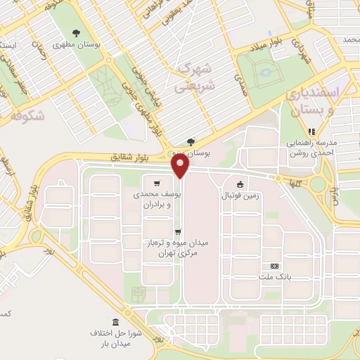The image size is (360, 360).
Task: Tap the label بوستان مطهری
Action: click(x=98, y=44)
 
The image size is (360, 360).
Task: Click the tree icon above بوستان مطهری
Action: click(x=77, y=32)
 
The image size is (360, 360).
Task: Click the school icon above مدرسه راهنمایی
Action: click(x=311, y=131)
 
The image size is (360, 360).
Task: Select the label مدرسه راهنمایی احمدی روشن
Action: click(x=311, y=146)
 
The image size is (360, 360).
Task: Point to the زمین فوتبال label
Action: click(x=241, y=196)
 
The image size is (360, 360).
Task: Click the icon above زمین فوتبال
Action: click(x=241, y=184)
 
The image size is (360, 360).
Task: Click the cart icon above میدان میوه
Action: click(x=178, y=231)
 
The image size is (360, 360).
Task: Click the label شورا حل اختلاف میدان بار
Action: click(x=116, y=337)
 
